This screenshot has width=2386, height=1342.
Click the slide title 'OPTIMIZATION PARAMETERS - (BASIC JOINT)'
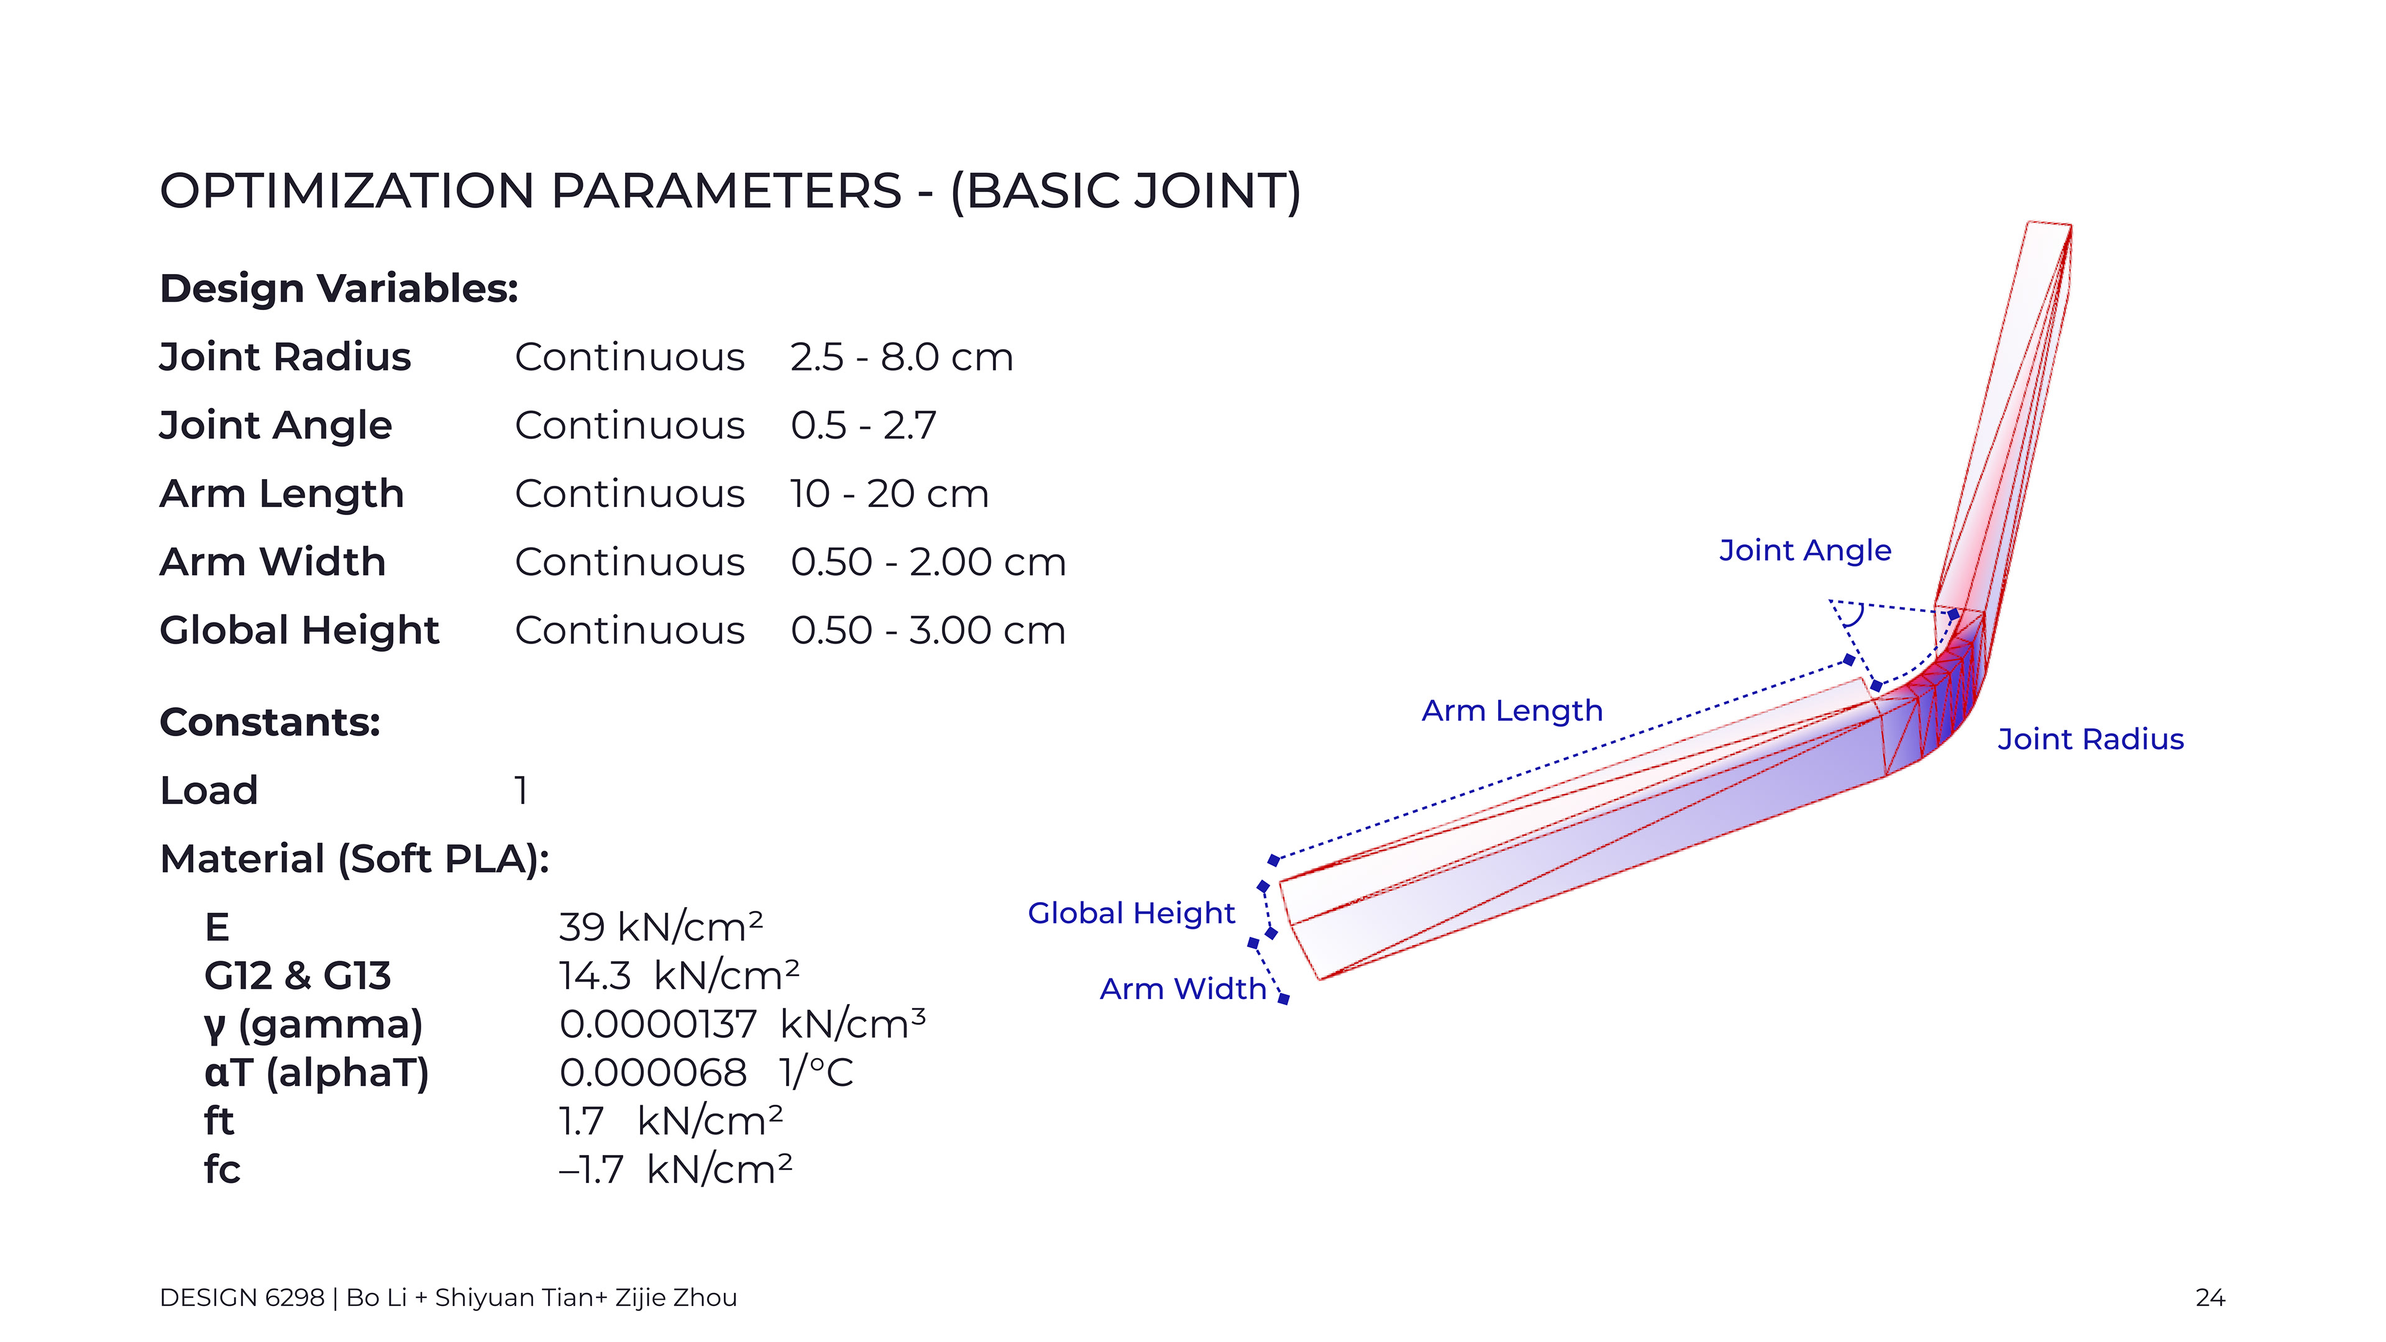(x=730, y=192)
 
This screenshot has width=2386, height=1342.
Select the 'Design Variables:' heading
(x=339, y=289)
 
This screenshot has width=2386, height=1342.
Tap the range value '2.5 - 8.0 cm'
(x=901, y=357)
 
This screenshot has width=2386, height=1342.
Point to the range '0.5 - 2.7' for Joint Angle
(x=863, y=426)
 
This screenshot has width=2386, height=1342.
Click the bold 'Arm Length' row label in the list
(x=281, y=495)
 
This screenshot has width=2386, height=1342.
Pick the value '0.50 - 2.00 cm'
(x=928, y=562)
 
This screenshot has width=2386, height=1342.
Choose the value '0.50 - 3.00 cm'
(x=928, y=631)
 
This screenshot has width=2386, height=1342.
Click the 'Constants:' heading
(x=270, y=723)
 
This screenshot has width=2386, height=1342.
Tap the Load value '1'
(x=521, y=791)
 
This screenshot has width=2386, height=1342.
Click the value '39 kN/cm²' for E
(x=660, y=927)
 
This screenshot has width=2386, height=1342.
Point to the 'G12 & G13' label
(x=298, y=976)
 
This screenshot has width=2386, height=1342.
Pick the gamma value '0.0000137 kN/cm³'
(x=742, y=1025)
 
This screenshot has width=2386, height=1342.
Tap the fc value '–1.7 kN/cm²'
(x=675, y=1170)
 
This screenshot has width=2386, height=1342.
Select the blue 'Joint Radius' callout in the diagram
(x=2090, y=740)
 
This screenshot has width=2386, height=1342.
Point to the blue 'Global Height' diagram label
(x=1131, y=914)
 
